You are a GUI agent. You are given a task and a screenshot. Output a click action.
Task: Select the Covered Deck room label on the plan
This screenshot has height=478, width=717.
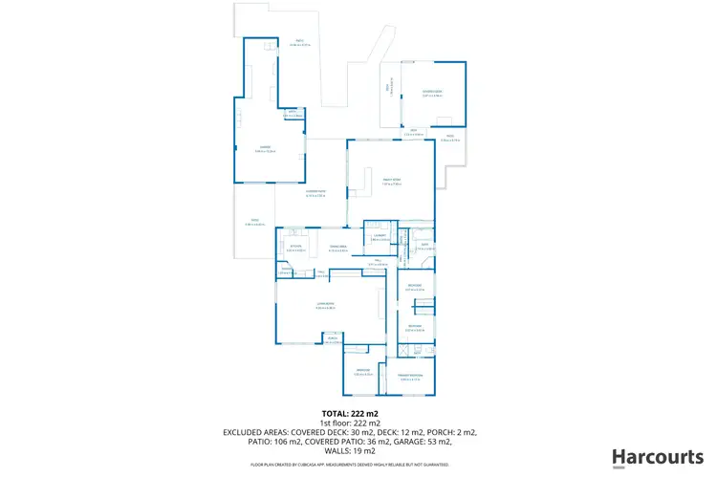coord(432,92)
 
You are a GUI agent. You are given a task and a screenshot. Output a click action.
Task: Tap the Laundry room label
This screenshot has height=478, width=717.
coord(380,236)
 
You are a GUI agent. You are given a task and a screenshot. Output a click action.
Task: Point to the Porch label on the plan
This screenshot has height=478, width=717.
coord(334,338)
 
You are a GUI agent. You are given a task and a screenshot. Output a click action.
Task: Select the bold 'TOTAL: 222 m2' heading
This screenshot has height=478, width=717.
coord(358,413)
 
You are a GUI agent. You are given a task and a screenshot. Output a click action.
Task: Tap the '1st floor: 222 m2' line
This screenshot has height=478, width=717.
coord(358,423)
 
